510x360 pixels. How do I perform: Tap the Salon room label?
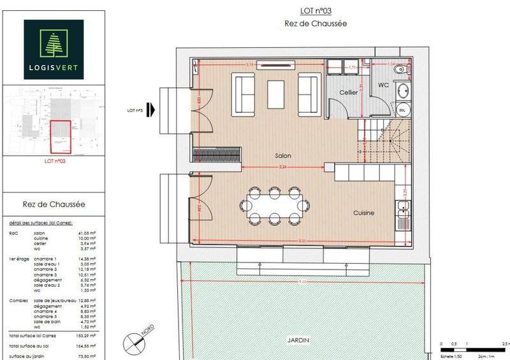point(283,155)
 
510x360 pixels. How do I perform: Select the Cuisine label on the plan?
point(361,213)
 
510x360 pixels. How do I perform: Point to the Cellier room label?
point(348,93)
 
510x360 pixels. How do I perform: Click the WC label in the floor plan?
point(384,84)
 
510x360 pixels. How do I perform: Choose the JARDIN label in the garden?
point(298,340)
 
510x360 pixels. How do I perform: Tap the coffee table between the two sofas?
point(277,94)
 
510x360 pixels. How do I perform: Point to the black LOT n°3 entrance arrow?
point(151,110)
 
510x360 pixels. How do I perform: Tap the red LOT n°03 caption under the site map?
point(55,162)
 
